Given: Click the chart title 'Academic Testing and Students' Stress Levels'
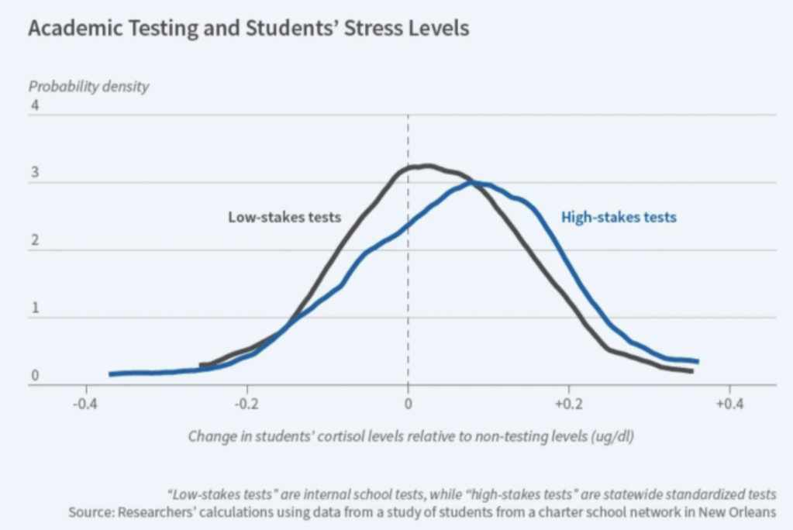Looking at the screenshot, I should click(x=248, y=29).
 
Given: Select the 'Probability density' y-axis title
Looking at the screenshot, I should click(x=88, y=87).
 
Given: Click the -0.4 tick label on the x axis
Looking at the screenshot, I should click(x=85, y=404).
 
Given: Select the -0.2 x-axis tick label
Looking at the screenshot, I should click(x=247, y=404).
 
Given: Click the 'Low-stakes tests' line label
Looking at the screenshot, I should click(x=284, y=217).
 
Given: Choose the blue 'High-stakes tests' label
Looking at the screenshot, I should click(x=619, y=217).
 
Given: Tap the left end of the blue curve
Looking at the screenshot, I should click(x=111, y=373).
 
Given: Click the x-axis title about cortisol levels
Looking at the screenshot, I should click(x=411, y=435).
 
